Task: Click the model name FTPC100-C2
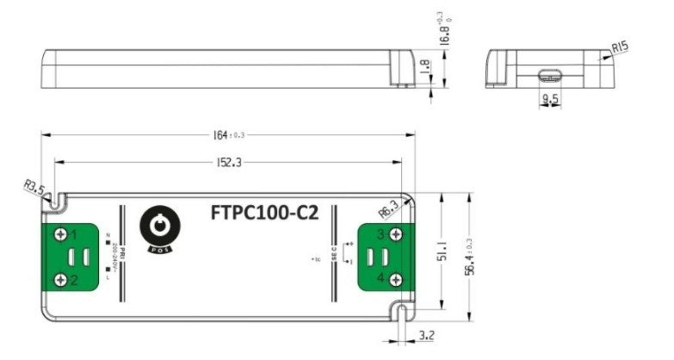pyautogui.click(x=264, y=211)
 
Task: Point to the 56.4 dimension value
pyautogui.click(x=470, y=255)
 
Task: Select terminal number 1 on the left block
pyautogui.click(x=75, y=233)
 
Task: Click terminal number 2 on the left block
pyautogui.click(x=75, y=279)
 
